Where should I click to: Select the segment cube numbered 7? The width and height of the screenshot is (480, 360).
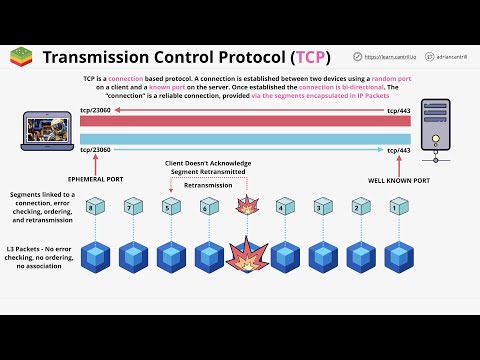tap(129, 208)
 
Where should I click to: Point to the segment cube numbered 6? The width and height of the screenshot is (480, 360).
tap(206, 208)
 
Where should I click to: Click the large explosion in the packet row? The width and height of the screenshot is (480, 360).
tap(245, 257)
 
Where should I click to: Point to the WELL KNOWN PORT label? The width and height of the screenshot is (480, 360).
tap(400, 179)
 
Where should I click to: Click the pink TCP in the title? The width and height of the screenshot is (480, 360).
tap(310, 57)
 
